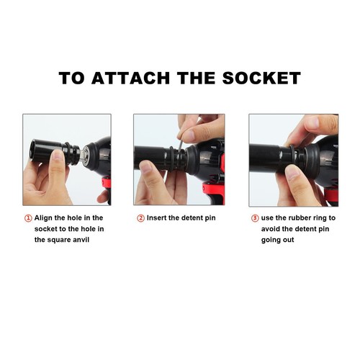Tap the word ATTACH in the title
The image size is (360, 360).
[x=133, y=78]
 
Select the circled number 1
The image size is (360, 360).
[x=28, y=217]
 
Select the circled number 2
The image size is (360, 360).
[x=140, y=217]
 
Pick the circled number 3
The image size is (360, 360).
[x=255, y=217]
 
